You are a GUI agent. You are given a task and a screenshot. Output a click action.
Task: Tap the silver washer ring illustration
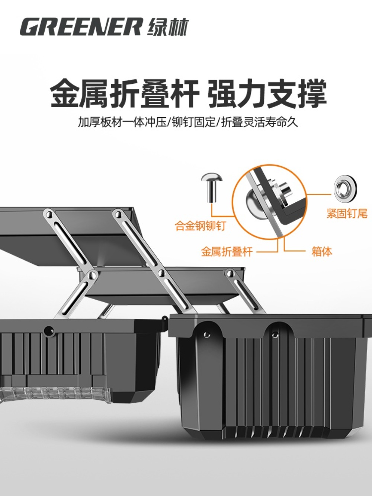point(346,188)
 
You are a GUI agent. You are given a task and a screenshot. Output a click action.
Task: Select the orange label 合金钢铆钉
point(201,225)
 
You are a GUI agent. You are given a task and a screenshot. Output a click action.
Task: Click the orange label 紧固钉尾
point(347,213)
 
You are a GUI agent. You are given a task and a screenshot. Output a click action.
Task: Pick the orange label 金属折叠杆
point(227,252)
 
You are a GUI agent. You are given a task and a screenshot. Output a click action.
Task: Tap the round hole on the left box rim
point(49,331)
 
